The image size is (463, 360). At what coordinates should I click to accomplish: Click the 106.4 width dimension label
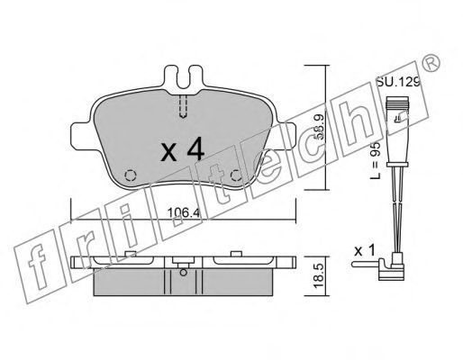(x=184, y=212)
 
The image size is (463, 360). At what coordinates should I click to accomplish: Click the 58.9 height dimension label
(x=320, y=128)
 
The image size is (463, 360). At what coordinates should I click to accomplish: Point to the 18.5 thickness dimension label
(x=319, y=275)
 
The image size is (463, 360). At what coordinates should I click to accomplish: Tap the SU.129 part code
(x=398, y=82)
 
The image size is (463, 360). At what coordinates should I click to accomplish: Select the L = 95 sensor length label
(x=375, y=160)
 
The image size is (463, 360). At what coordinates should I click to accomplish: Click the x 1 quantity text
(x=365, y=251)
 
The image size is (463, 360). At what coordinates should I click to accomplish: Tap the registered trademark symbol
(x=432, y=62)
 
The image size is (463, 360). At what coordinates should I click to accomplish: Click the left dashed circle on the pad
(x=131, y=175)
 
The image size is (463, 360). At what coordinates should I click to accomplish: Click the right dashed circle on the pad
(x=236, y=175)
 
